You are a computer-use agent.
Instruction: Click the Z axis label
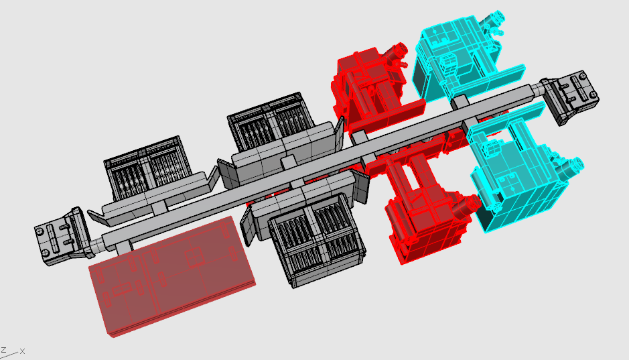(x=3, y=351)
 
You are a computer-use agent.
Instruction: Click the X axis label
(x=23, y=351)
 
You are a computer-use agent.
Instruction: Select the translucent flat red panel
(x=172, y=276)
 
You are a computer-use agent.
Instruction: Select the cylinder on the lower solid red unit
(x=468, y=206)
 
